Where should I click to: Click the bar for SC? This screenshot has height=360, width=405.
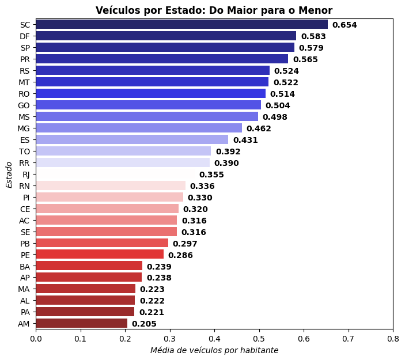(x=181, y=24)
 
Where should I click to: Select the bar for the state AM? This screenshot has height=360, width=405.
(x=81, y=324)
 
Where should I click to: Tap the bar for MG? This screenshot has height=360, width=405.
(x=139, y=128)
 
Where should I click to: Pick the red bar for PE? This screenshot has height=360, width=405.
(x=100, y=255)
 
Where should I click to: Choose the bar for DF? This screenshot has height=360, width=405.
(x=166, y=36)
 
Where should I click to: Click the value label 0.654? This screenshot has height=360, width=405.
(x=345, y=25)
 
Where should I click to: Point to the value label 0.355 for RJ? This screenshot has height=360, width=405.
(x=211, y=175)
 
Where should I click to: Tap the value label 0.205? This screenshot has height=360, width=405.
(x=144, y=324)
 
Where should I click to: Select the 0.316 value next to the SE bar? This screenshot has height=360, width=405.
(x=194, y=232)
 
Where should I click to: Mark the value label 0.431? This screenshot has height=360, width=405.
(x=245, y=140)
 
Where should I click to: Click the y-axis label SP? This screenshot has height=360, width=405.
(x=25, y=47)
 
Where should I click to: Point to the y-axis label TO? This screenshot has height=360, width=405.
(x=24, y=151)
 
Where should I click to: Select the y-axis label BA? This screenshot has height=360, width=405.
(x=25, y=266)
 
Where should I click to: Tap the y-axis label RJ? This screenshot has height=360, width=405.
(x=26, y=174)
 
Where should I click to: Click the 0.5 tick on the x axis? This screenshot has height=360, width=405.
(x=259, y=338)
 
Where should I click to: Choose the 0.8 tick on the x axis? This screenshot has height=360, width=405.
(x=392, y=338)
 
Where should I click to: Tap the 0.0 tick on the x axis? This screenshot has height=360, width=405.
(x=36, y=338)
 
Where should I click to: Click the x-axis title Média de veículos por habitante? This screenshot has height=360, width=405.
(x=214, y=350)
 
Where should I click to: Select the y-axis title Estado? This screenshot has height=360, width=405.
(x=9, y=174)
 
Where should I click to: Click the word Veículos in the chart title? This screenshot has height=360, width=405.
(x=116, y=10)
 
